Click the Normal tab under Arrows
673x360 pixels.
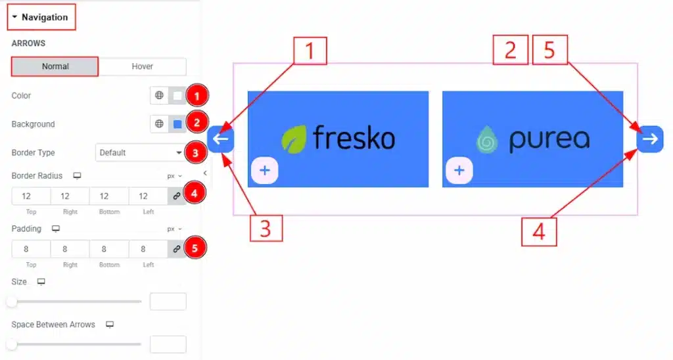[x=55, y=66]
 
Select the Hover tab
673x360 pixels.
[x=142, y=66]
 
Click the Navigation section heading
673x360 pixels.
[x=41, y=17]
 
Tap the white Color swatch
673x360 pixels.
[x=177, y=96]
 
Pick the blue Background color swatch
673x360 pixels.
[x=177, y=124]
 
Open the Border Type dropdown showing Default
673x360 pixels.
[x=141, y=152]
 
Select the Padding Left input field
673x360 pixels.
[x=149, y=249]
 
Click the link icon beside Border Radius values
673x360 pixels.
[x=177, y=196]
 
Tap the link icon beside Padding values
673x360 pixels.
[x=177, y=249]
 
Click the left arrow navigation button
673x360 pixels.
[x=221, y=139]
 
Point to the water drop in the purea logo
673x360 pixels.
[x=488, y=139]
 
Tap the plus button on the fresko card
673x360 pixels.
[x=264, y=171]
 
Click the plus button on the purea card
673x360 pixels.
[x=459, y=171]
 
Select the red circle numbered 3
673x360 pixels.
[x=196, y=153]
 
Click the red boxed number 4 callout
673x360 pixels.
[x=539, y=231]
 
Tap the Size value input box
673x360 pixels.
[x=168, y=302]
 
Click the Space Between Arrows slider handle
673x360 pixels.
[x=12, y=344]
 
